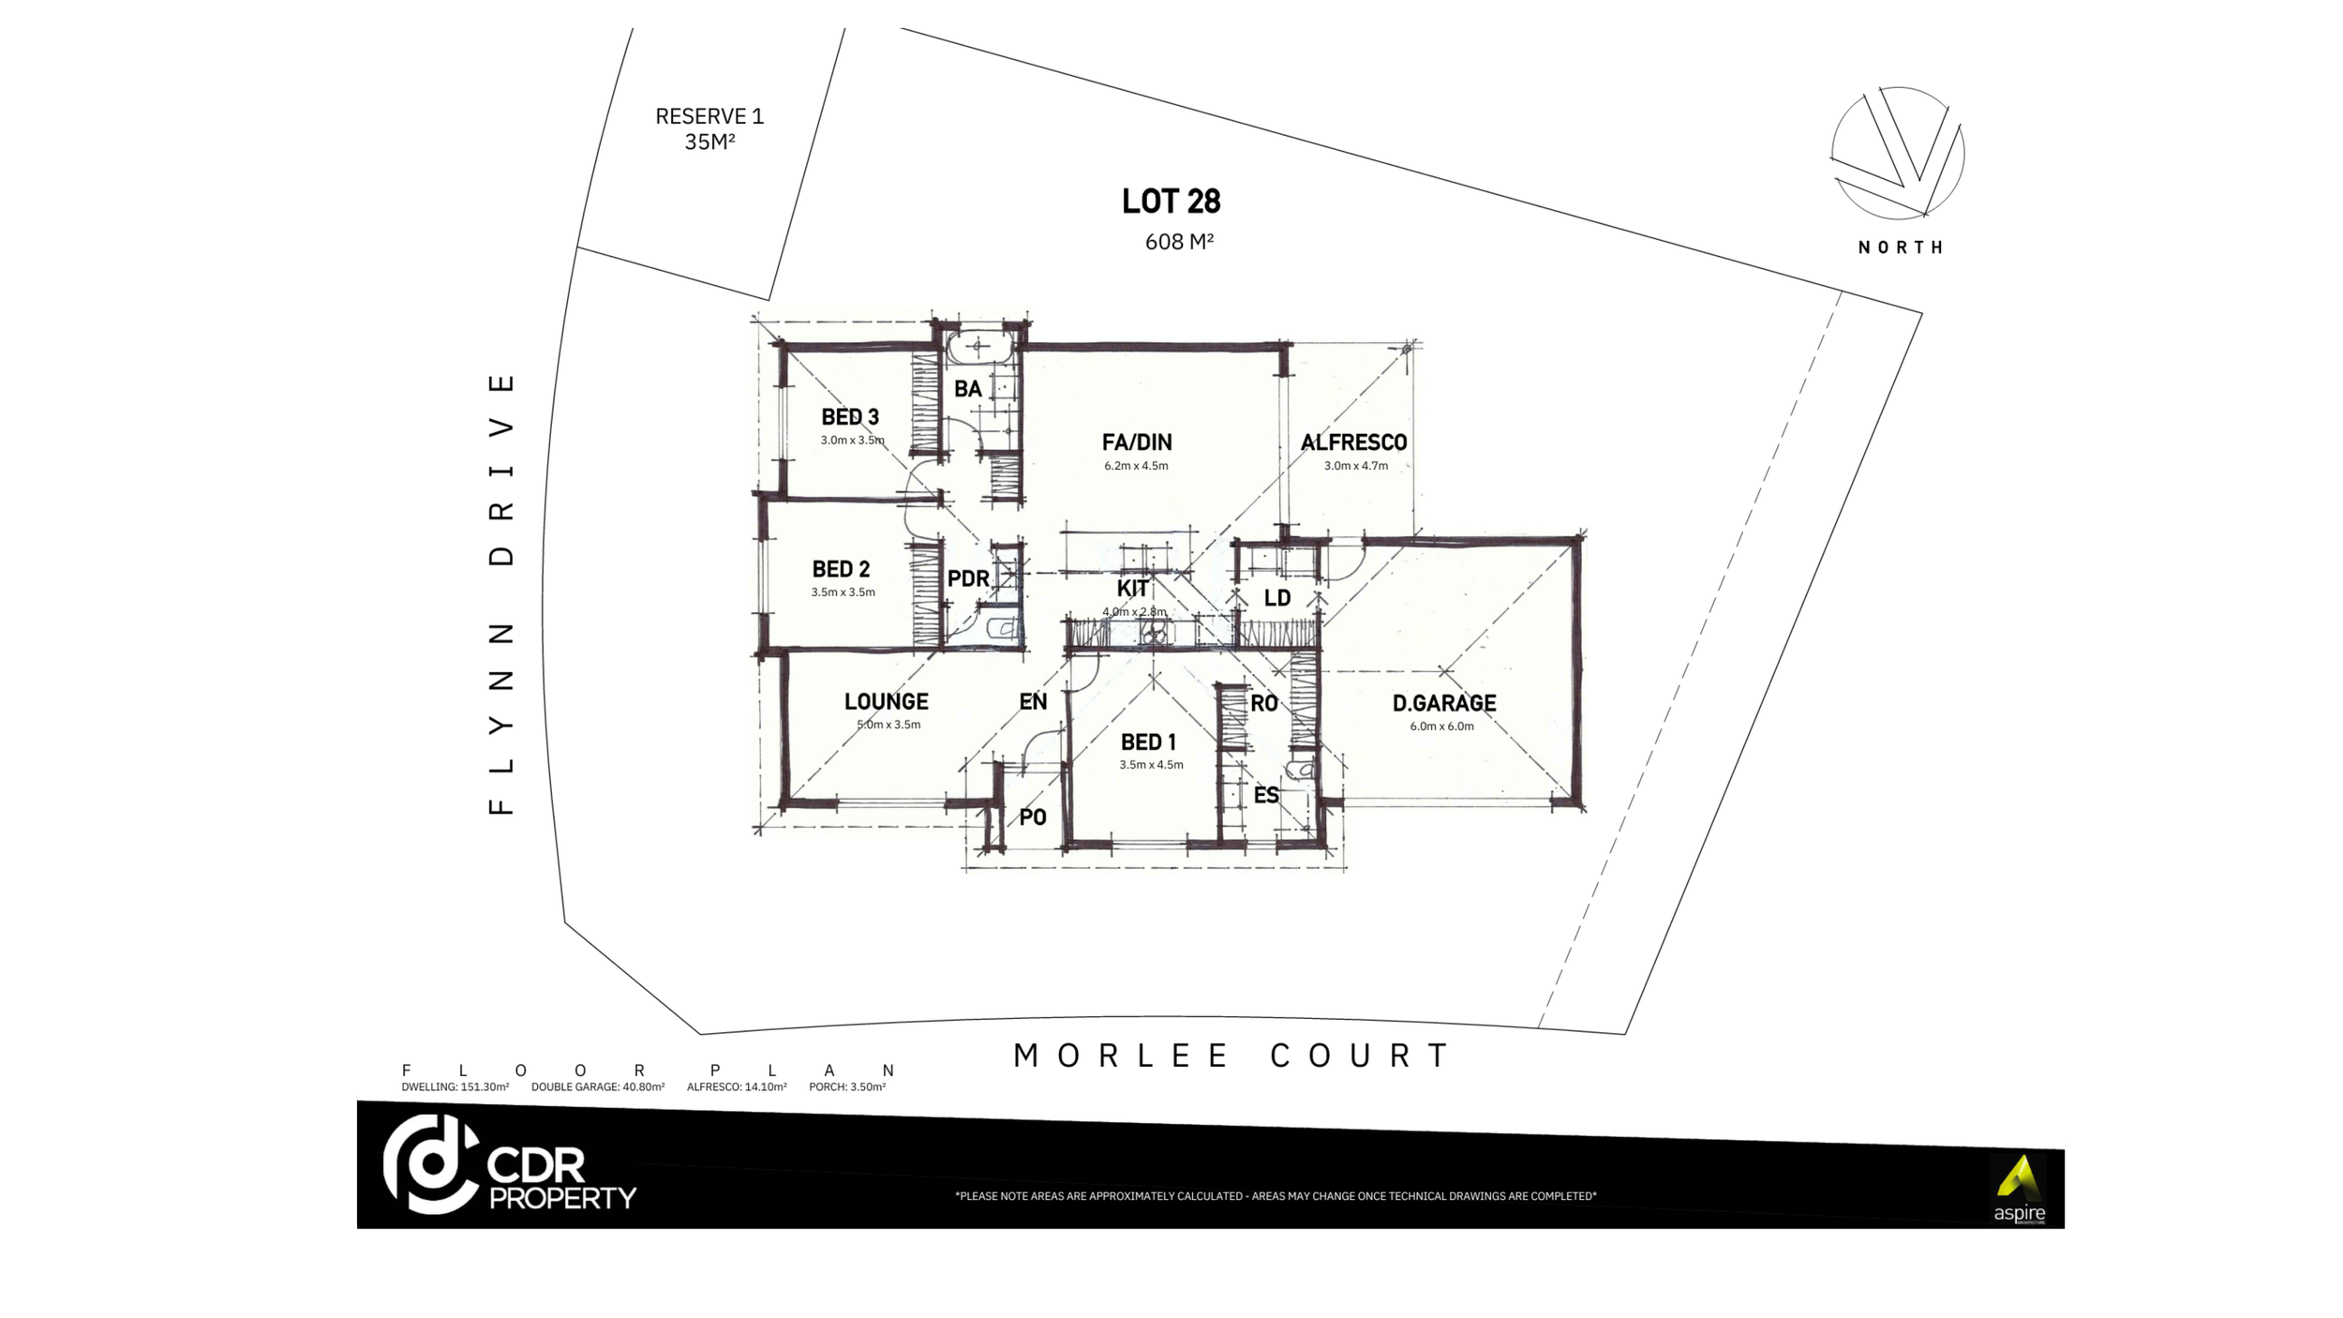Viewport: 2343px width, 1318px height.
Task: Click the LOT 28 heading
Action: coord(1171,202)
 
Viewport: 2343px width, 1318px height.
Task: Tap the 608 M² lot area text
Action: coord(1178,242)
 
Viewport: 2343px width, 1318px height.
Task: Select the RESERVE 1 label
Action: coord(709,117)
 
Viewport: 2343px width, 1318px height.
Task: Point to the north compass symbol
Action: coord(1898,154)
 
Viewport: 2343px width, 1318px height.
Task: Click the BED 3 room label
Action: coord(849,417)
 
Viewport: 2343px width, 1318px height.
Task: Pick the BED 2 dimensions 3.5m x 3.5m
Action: coord(843,592)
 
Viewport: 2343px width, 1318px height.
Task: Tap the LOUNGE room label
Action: coord(886,702)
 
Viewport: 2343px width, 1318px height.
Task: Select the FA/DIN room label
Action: coord(1136,442)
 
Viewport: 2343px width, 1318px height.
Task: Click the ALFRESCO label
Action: coord(1353,442)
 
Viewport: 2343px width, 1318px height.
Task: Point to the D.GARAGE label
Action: coord(1443,703)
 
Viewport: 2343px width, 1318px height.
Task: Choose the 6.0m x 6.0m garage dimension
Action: coord(1441,726)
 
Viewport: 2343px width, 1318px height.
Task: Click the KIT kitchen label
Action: coord(1132,589)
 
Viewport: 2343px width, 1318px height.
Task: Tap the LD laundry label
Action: coord(1276,598)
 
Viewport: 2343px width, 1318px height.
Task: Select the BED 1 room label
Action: coord(1148,742)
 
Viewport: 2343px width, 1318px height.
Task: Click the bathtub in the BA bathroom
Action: coord(977,348)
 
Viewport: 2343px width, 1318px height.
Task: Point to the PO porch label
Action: coord(1032,817)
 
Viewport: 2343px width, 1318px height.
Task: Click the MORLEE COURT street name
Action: coord(1231,1056)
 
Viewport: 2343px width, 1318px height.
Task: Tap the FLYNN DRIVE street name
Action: coord(502,593)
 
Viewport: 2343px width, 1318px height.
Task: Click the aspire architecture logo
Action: coord(2018,1189)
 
